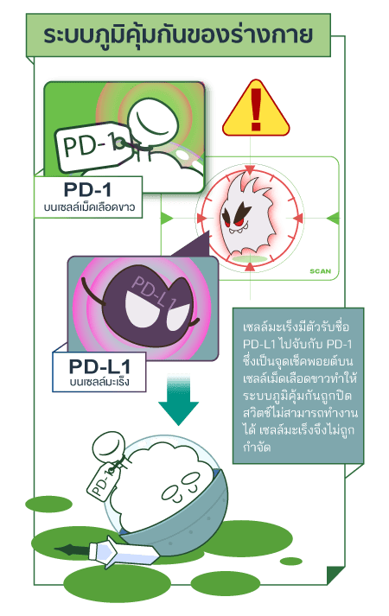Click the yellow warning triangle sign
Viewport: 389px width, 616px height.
(x=256, y=110)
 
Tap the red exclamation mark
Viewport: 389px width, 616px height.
(x=256, y=109)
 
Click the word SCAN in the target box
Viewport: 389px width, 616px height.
(x=320, y=271)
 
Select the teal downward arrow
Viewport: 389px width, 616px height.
(x=178, y=400)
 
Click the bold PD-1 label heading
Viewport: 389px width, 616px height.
(x=87, y=190)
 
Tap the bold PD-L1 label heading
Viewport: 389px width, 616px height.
(x=99, y=366)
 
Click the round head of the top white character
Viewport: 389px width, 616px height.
(x=152, y=121)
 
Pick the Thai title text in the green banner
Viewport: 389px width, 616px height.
(x=178, y=35)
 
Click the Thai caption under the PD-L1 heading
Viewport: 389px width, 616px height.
(x=99, y=382)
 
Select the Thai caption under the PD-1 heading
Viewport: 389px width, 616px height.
(x=89, y=206)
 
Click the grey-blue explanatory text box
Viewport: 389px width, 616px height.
(x=298, y=386)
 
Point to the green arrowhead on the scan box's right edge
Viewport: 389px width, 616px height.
(x=333, y=218)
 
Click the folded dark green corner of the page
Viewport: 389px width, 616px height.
(x=335, y=575)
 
